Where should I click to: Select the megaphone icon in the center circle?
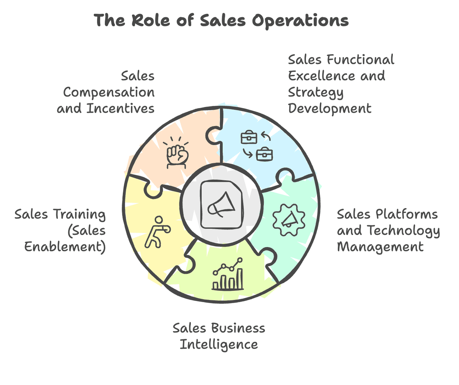point(221,204)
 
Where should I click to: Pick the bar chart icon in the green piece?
point(228,274)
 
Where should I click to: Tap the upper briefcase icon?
point(249,137)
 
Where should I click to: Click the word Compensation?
point(109,92)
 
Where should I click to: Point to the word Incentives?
point(120,108)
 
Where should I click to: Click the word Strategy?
point(316,92)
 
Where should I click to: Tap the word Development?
point(329,108)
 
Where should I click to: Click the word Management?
point(380,246)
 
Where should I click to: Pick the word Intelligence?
point(219,344)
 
